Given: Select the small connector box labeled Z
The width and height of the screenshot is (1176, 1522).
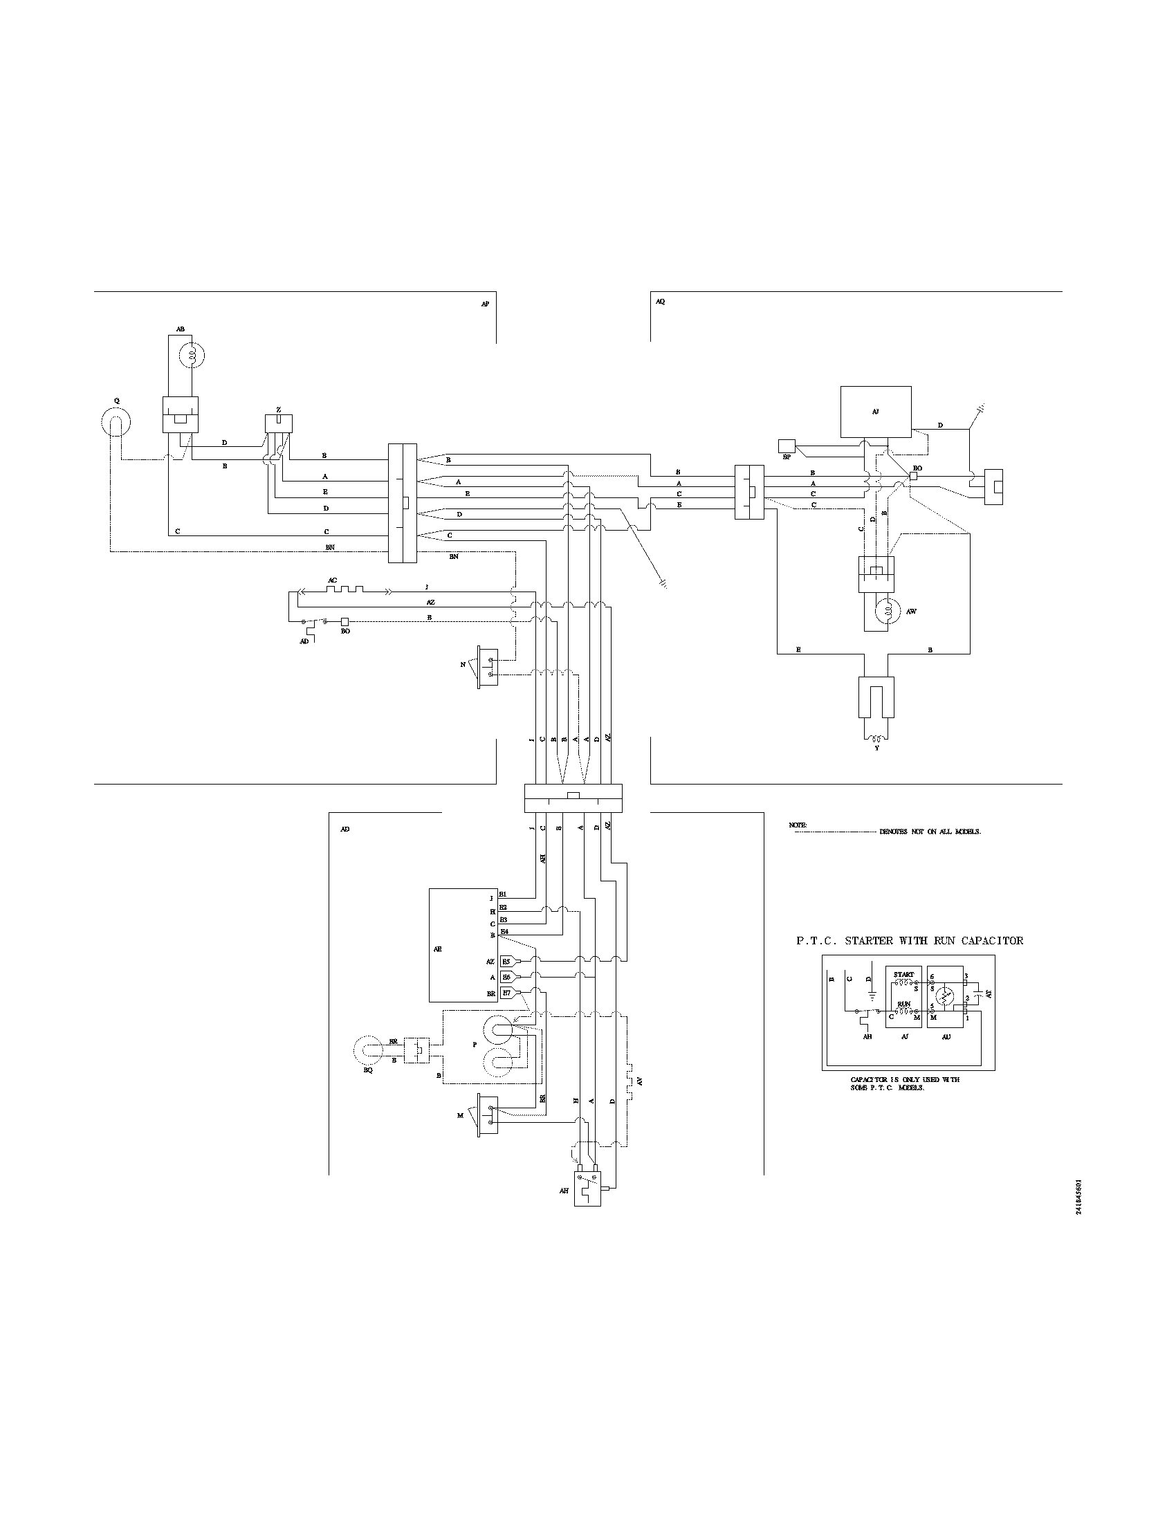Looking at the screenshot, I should tap(279, 423).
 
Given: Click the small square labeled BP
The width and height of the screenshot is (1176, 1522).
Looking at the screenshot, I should tap(787, 446).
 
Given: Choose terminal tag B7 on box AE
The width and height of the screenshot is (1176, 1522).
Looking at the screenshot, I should tap(506, 992).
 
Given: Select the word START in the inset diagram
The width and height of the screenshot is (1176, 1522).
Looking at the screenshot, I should tap(903, 974).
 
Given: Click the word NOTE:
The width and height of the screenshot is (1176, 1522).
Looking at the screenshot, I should tap(798, 825).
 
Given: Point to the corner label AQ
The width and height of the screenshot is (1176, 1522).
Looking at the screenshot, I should tap(661, 302).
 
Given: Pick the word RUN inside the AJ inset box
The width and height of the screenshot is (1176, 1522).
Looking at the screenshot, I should tap(903, 1005).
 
